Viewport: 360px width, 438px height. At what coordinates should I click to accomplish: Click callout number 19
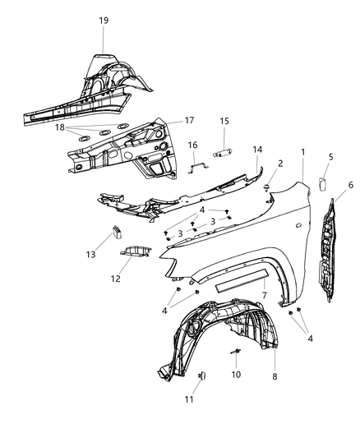coord(104,21)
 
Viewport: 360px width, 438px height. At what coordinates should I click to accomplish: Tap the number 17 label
coord(189,120)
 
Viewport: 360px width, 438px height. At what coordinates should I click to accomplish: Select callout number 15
coord(223,122)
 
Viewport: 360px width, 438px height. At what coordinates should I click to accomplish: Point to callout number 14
coord(257,150)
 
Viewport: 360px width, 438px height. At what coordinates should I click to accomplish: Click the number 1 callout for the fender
coord(302,152)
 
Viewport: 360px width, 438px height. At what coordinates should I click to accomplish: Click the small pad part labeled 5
coord(322,185)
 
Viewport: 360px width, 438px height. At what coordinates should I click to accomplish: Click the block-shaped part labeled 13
coord(116,233)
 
